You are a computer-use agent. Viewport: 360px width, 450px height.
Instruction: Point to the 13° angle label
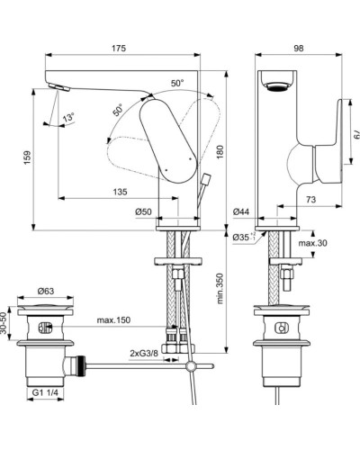click(68, 118)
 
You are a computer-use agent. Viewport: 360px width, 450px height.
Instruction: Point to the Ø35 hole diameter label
click(242, 238)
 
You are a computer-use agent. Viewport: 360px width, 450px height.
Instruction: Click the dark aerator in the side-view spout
click(276, 85)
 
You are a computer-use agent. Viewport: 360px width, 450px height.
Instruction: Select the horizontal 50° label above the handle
click(176, 83)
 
